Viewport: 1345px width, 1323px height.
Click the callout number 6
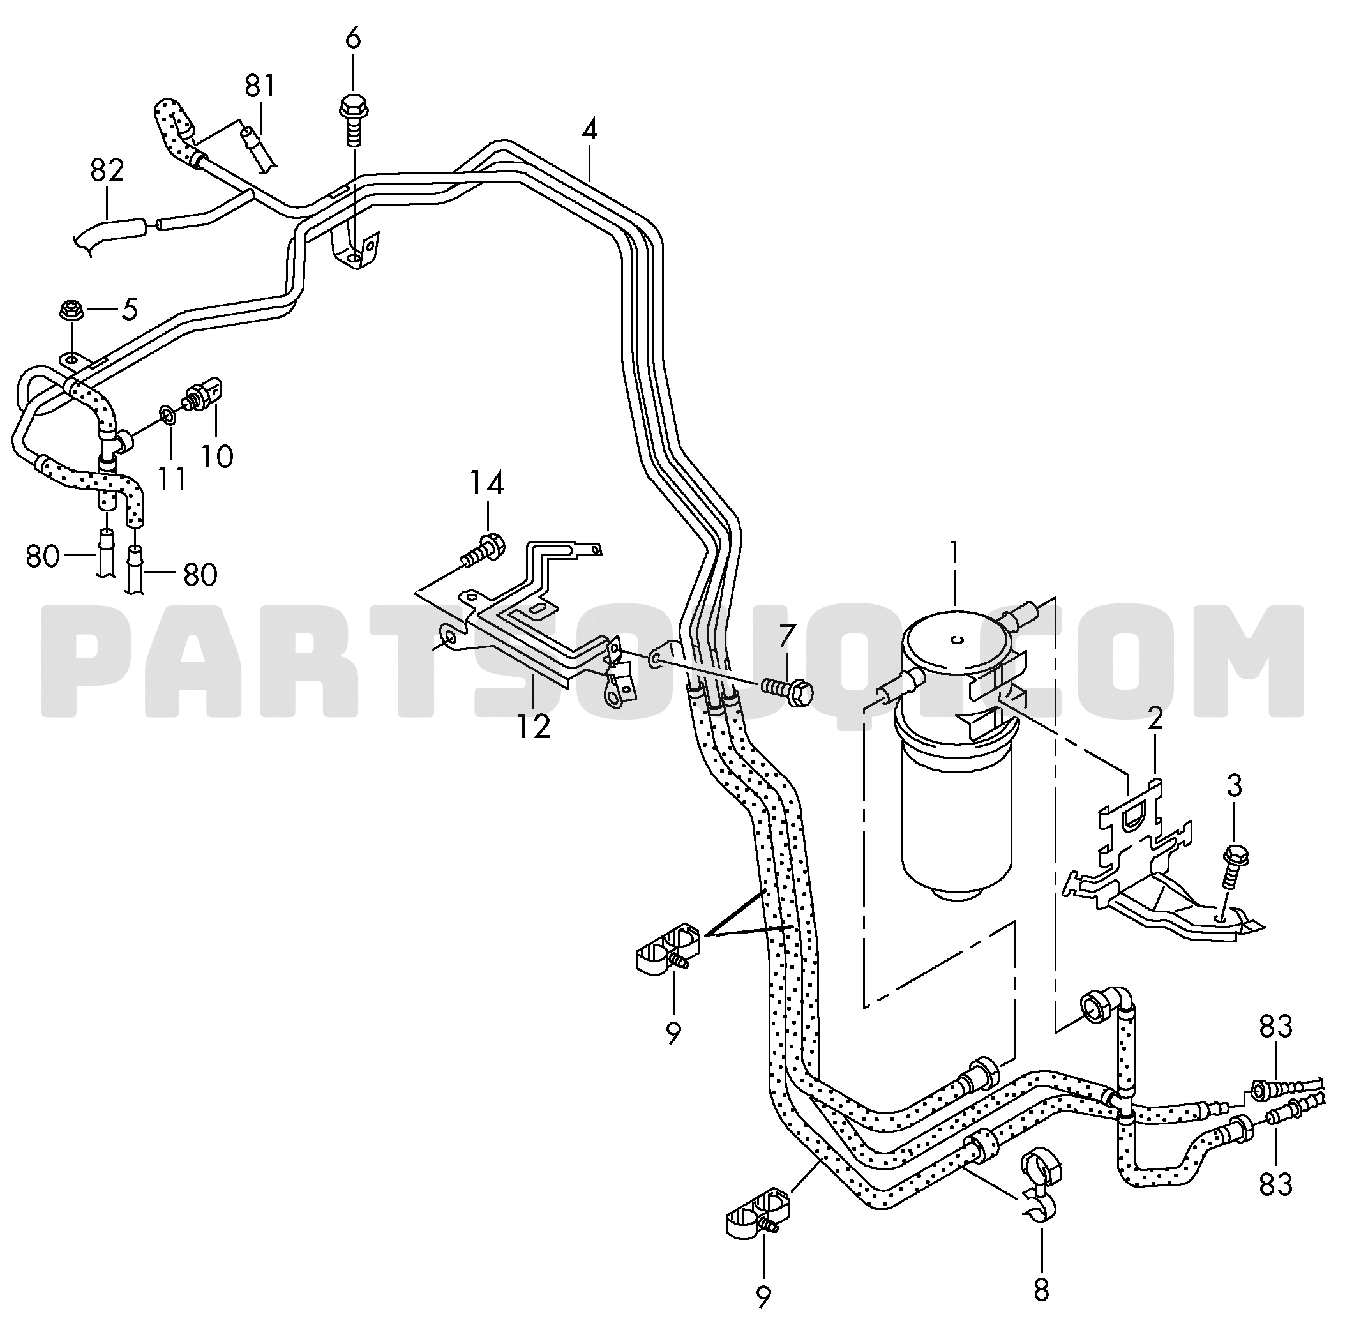point(353,38)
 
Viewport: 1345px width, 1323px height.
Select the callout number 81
point(260,86)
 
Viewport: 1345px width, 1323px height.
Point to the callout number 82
point(107,170)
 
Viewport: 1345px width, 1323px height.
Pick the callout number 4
point(589,130)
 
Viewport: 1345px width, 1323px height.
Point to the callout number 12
point(534,726)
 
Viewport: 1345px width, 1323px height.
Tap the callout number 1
point(954,553)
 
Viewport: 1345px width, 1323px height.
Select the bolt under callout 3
point(1231,866)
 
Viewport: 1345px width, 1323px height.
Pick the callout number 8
point(1041,1290)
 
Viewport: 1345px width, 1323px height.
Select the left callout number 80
point(42,556)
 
